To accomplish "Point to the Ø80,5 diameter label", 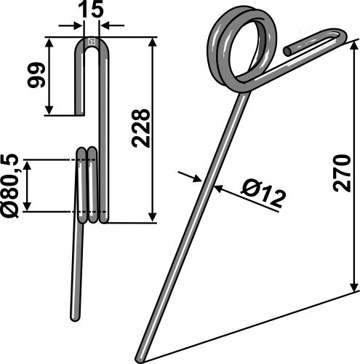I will [x=11, y=186].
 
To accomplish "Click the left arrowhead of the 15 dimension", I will [x=79, y=26].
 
